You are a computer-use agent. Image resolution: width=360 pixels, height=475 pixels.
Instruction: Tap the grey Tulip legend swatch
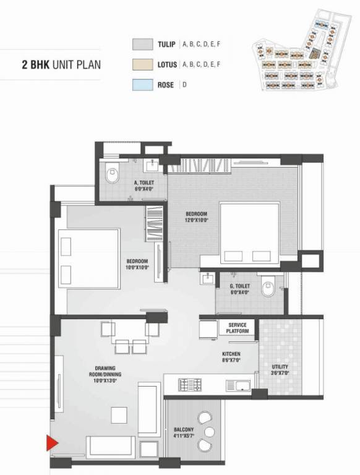coord(142,45)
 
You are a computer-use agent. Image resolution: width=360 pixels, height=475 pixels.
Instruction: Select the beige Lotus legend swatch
coord(142,64)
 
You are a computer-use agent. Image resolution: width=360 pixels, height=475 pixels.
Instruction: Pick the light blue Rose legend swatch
coord(142,85)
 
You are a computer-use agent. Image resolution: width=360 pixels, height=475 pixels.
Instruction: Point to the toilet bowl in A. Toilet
coord(112,176)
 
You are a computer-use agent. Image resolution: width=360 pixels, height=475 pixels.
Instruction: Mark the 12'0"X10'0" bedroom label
coord(197,217)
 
